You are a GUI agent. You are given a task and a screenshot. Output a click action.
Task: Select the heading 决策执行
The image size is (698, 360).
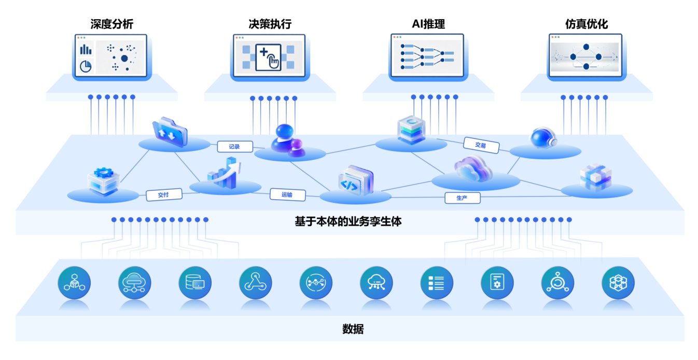[270, 24]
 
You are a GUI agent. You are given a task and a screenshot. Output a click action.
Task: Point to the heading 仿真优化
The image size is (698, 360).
[587, 24]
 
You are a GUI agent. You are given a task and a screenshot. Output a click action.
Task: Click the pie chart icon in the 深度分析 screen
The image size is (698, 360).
[86, 66]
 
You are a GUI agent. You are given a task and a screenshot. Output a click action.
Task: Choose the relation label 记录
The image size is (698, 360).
[234, 147]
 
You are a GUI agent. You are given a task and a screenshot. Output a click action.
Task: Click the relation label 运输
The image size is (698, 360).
[287, 195]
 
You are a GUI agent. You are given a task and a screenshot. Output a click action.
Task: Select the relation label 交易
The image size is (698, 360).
[481, 146]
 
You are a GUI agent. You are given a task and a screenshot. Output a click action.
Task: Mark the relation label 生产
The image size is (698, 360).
[462, 198]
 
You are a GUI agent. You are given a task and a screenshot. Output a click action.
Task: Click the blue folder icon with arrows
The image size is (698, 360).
[170, 134]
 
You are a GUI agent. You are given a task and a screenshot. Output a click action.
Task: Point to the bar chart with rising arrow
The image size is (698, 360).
[224, 173]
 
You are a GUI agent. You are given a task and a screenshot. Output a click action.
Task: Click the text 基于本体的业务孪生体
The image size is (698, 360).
[348, 221]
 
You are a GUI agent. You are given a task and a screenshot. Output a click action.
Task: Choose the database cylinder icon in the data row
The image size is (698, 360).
[195, 283]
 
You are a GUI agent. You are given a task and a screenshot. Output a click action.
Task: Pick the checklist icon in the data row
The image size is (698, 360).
[436, 283]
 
